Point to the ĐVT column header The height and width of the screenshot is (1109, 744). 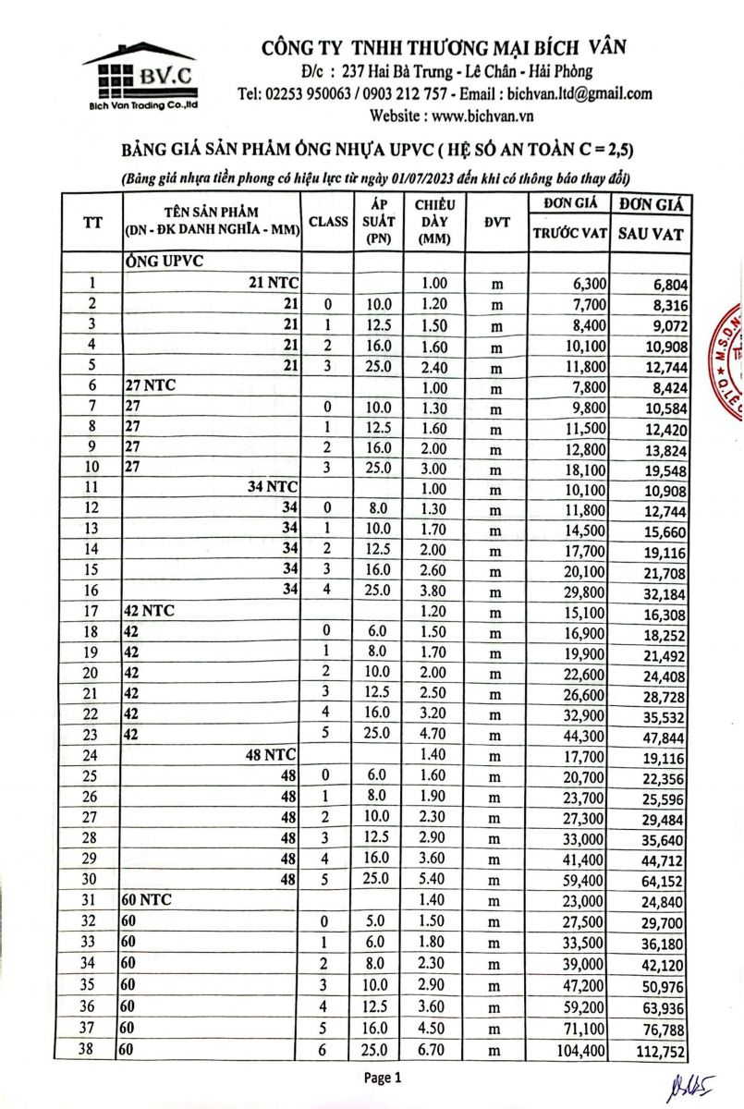point(496,222)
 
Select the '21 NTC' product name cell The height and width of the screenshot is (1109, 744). point(276,283)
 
